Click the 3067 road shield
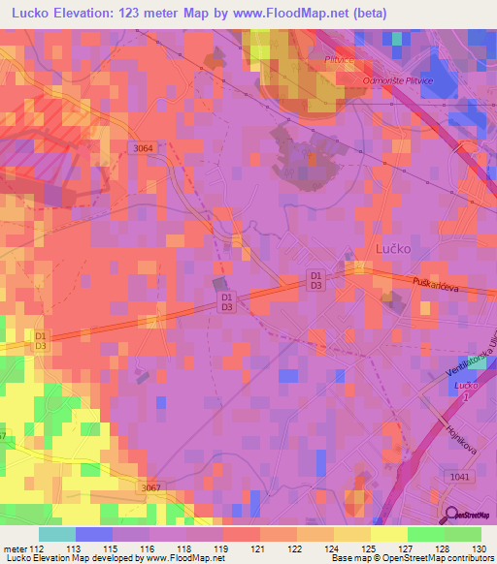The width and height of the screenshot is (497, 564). point(149,487)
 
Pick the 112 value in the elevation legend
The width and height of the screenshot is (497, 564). point(36,548)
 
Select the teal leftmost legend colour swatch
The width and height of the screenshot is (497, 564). point(56,533)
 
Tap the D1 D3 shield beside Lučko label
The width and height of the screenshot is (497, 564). point(315,280)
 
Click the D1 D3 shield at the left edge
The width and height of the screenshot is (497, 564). point(41,340)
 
